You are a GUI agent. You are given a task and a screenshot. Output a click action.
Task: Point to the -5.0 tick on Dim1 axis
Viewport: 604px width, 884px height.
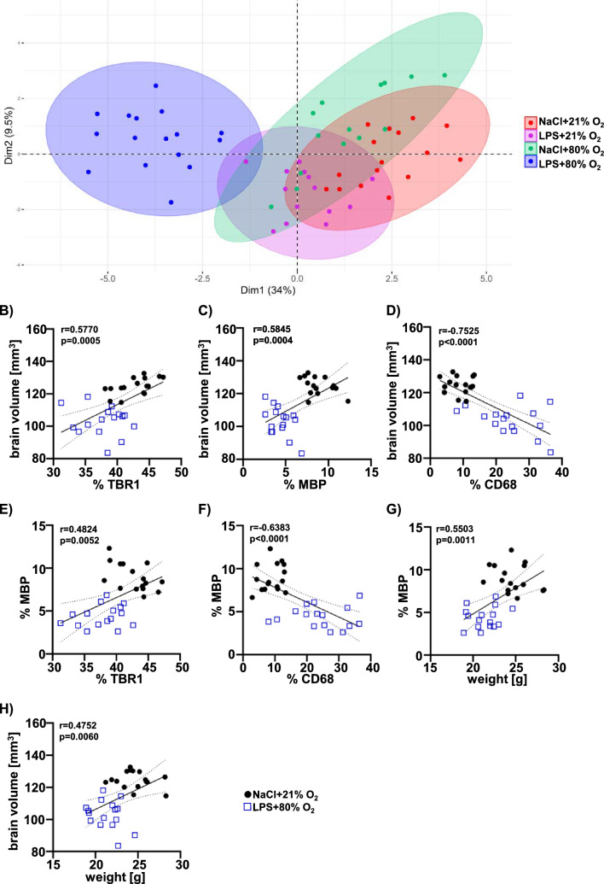pos(107,278)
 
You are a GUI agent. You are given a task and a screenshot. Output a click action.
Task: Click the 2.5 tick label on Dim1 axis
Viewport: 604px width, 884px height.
pos(391,278)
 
